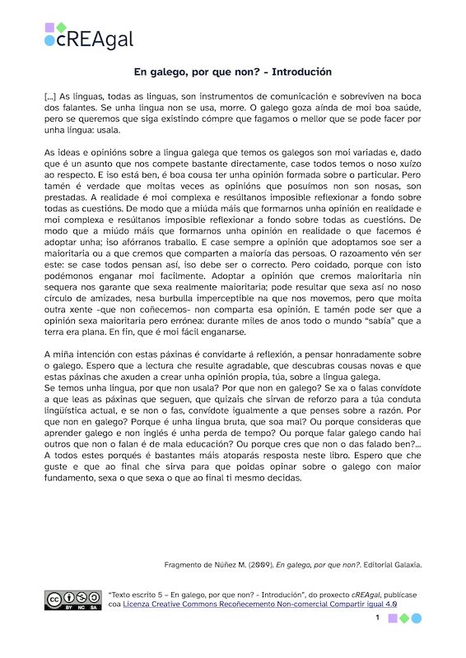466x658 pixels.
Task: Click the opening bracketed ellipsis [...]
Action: tap(50, 96)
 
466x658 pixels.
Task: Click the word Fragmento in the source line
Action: tap(189, 565)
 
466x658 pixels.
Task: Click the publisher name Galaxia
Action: tap(403, 565)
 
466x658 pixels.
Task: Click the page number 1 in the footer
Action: tap(377, 618)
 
